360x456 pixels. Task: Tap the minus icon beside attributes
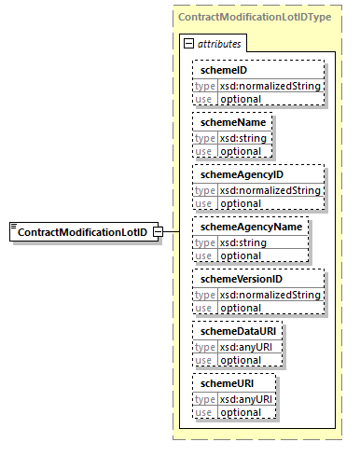[189, 43]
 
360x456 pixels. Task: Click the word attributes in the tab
[220, 43]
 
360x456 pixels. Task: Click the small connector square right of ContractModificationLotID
[159, 231]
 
